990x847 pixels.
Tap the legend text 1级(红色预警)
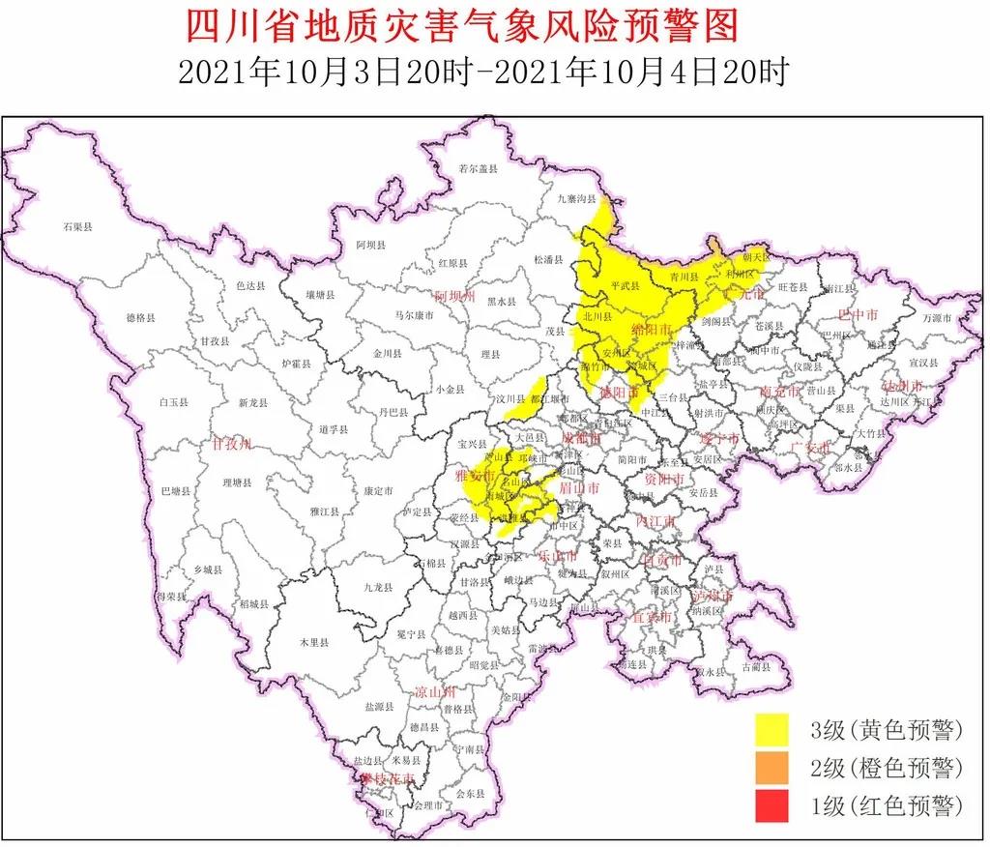tap(888, 805)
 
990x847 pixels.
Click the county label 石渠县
tap(77, 226)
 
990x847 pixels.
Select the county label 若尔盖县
tap(478, 168)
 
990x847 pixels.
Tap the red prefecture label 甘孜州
tap(232, 444)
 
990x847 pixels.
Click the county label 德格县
tap(140, 317)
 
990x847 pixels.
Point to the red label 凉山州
tap(434, 692)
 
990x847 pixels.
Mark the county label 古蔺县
tap(756, 666)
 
